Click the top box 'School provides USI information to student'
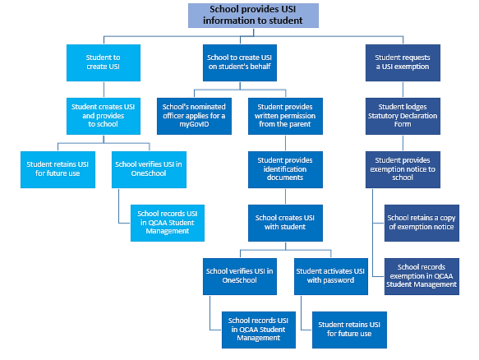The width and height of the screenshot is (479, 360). (x=251, y=14)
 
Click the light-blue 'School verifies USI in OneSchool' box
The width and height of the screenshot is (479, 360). (x=148, y=168)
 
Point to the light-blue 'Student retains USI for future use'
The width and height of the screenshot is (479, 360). (x=57, y=168)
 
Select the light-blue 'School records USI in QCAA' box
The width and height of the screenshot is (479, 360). (x=166, y=223)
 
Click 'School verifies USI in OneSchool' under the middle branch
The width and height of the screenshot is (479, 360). (x=239, y=275)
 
